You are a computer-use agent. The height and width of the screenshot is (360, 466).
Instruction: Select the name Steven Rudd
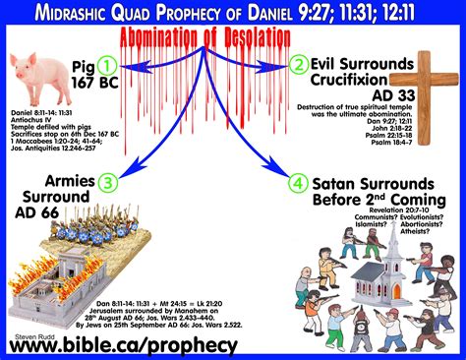[34, 331]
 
